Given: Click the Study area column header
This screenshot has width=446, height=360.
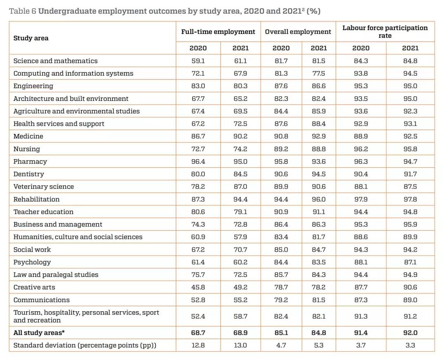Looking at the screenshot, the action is click(31, 38).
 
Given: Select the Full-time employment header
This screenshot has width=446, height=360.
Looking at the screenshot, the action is click(218, 31).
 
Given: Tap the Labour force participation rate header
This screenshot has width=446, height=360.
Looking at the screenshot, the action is click(385, 31).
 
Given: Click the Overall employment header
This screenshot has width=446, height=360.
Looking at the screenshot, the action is click(298, 31).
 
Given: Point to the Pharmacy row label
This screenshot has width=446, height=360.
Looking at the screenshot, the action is click(30, 162).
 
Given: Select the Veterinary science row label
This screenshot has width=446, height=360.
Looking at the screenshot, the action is click(43, 187).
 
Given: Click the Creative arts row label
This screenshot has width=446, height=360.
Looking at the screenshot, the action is click(34, 287).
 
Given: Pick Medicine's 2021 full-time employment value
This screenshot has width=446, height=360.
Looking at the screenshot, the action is click(240, 136).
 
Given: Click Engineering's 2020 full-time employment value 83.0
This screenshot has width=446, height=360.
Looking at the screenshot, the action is click(198, 86).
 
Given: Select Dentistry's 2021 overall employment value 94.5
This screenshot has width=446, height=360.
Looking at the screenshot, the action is click(318, 174).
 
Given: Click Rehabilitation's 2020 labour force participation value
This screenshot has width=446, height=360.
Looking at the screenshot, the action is click(361, 199).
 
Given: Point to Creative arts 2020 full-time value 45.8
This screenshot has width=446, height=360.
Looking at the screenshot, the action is click(198, 287).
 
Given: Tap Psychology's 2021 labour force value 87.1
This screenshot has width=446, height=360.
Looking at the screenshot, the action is click(410, 262).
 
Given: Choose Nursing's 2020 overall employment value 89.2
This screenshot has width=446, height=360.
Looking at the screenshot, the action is click(281, 149).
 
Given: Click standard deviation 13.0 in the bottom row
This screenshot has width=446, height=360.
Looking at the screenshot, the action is click(240, 345).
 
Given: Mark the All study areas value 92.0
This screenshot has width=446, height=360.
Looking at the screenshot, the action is click(410, 333).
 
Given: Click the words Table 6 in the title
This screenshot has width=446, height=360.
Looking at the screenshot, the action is click(22, 11).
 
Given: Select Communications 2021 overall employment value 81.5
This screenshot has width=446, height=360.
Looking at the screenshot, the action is click(318, 300).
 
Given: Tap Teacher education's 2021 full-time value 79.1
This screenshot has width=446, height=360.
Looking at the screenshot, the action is click(240, 212).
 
